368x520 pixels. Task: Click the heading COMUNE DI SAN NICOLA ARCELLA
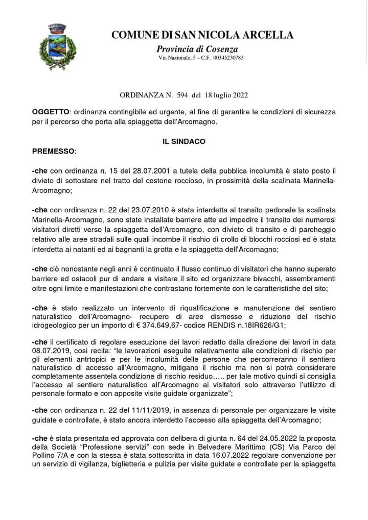pyautogui.click(x=202, y=35)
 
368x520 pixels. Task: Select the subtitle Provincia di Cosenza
pyautogui.click(x=197, y=49)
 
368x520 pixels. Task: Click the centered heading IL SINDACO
pyautogui.click(x=184, y=141)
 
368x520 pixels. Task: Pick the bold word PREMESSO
pyautogui.click(x=53, y=151)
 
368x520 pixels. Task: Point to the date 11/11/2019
pyautogui.click(x=139, y=410)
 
